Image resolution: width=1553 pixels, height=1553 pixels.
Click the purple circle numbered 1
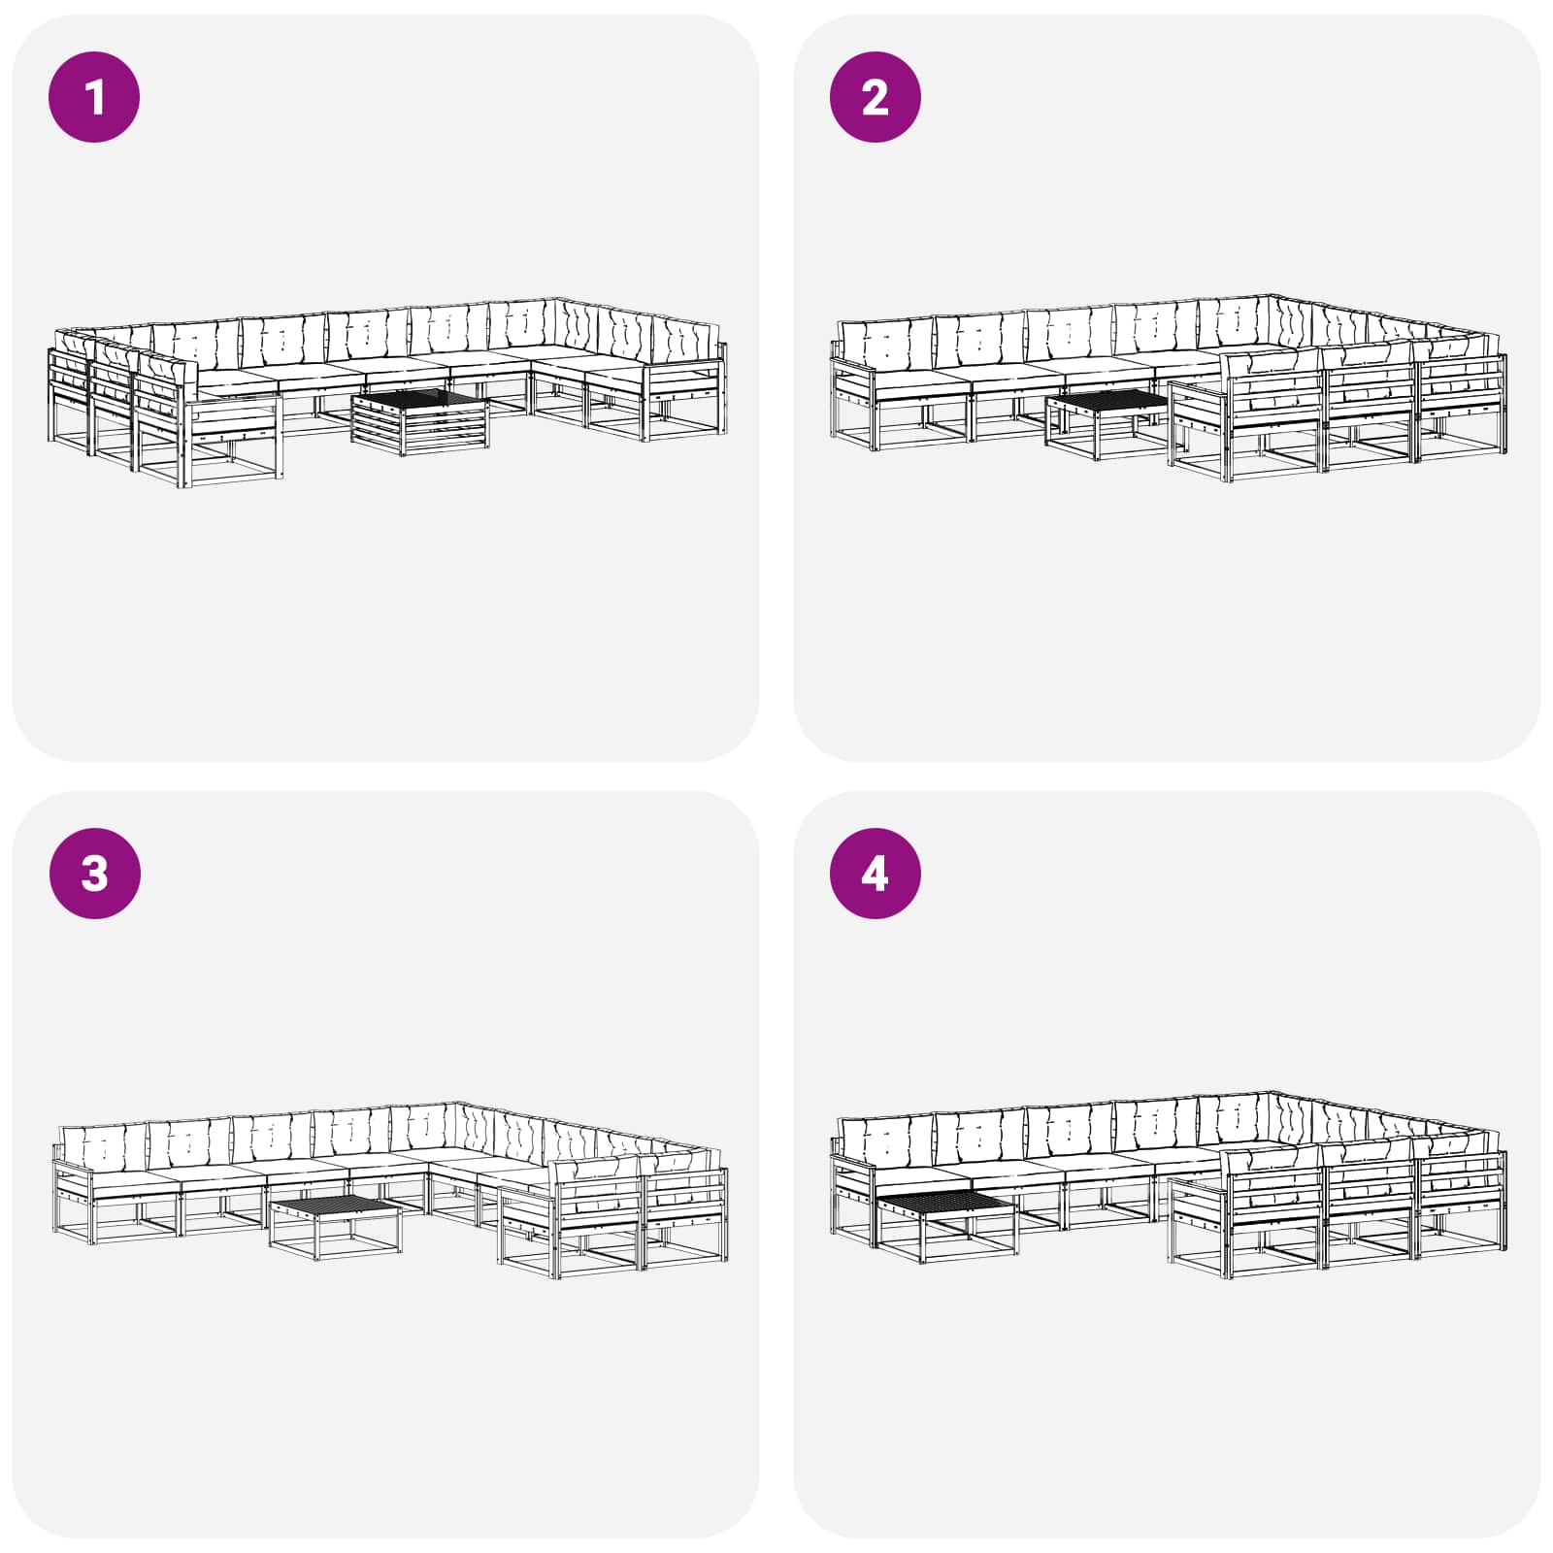pyautogui.click(x=94, y=97)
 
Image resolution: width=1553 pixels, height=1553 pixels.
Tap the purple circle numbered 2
pyautogui.click(x=876, y=97)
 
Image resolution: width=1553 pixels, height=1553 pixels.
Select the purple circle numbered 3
pyautogui.click(x=94, y=873)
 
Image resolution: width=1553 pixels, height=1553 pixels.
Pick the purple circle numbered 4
pyautogui.click(x=876, y=873)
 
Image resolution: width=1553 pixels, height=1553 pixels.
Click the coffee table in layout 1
pyautogui.click(x=420, y=421)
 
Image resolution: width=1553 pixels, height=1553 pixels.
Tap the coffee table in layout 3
pyautogui.click(x=336, y=1229)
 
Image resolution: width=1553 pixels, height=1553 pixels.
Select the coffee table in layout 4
pyautogui.click(x=946, y=1226)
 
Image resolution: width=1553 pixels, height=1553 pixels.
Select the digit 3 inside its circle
pyautogui.click(x=94, y=874)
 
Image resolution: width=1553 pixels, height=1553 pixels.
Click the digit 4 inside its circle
pyautogui.click(x=875, y=874)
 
